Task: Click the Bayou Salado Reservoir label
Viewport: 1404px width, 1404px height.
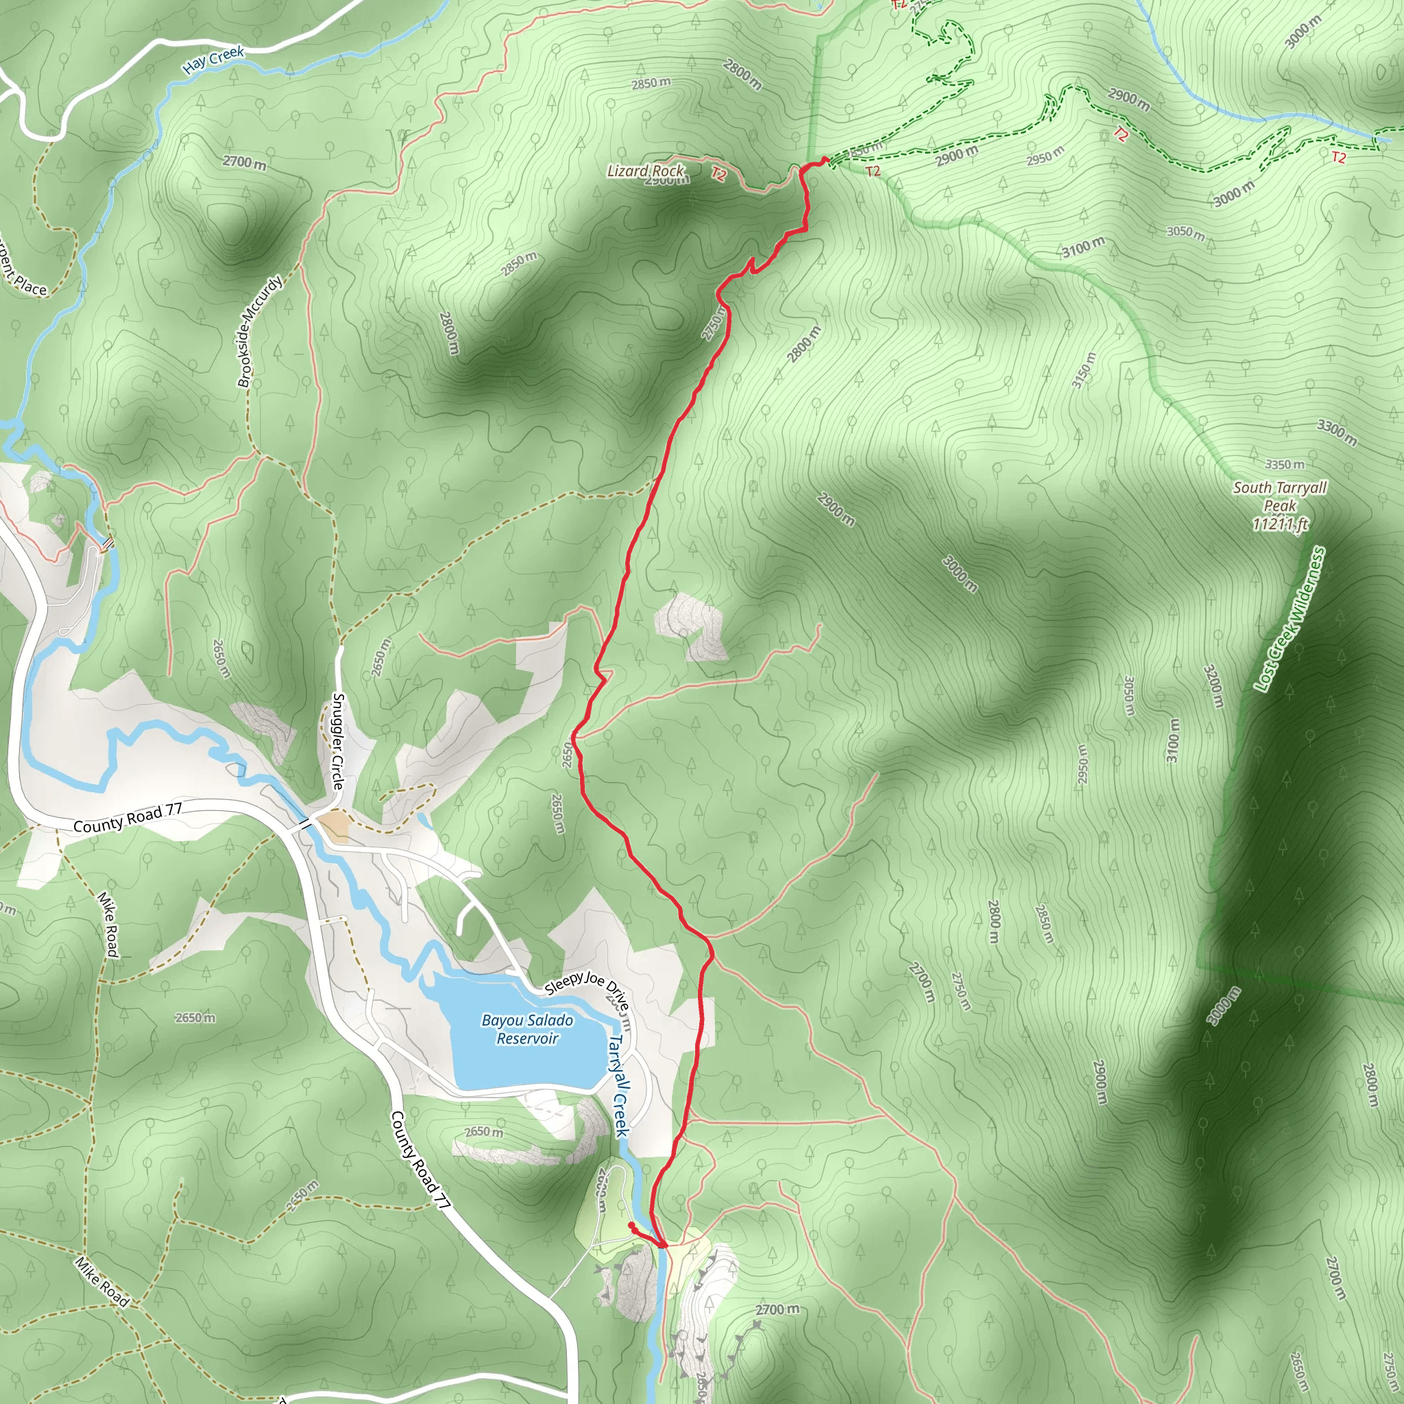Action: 527,1029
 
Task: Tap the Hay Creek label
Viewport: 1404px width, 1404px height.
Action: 214,60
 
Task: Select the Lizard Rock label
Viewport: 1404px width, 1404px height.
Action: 645,171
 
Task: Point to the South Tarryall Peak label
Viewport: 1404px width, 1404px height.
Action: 1280,496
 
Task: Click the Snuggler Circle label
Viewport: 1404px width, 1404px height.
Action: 338,741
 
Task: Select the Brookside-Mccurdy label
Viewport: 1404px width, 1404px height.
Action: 259,331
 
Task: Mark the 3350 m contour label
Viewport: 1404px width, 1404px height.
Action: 1284,464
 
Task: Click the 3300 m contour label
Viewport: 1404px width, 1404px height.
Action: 1336,433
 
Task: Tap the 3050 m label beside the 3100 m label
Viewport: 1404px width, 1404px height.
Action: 1185,232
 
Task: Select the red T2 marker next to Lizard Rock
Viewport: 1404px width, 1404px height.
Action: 718,174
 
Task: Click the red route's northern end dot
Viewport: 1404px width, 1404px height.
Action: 825,159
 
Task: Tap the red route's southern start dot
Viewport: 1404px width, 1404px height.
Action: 631,1225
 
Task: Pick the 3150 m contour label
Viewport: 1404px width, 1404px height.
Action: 1082,371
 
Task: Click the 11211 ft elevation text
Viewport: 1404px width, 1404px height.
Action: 1280,523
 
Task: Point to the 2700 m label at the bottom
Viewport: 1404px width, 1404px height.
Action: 777,1309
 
